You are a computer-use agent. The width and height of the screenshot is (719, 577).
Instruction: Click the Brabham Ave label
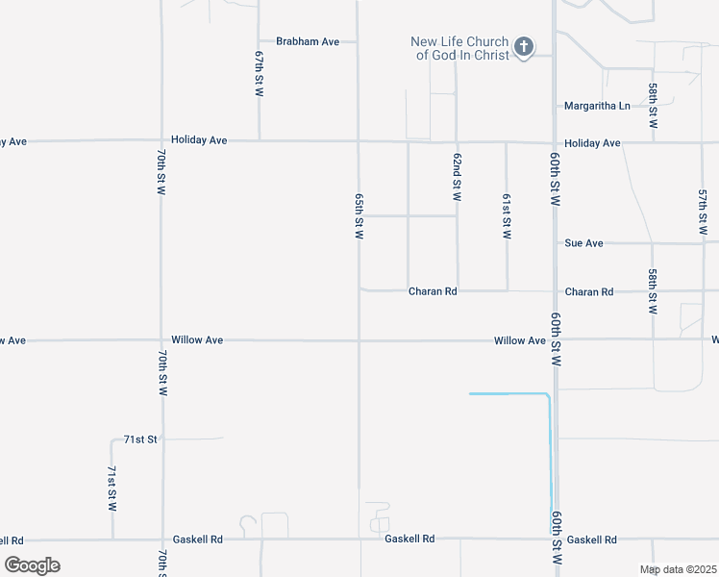[x=308, y=41]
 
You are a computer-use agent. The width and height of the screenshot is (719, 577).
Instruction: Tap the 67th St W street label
[x=260, y=74]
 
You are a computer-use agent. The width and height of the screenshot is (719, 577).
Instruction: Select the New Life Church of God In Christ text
[x=459, y=48]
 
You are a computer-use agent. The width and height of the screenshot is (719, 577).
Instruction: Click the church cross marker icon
[x=524, y=47]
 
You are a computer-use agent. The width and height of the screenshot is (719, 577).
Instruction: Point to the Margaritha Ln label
[x=597, y=106]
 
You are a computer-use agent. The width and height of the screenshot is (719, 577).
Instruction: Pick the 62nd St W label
[x=458, y=176]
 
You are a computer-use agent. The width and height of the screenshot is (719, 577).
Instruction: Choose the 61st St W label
[x=507, y=214]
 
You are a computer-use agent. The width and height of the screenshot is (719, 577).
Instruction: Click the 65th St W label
[x=359, y=215]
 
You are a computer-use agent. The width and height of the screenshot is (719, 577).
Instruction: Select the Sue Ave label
[x=583, y=243]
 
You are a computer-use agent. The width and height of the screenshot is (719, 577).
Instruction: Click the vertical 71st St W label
[x=112, y=489]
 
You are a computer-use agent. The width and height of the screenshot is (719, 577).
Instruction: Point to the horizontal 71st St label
[x=139, y=439]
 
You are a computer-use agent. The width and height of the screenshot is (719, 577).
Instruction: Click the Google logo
[x=32, y=565]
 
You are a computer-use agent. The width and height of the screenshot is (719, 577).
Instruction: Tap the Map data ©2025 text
[x=678, y=569]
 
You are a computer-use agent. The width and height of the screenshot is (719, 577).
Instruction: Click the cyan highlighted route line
[x=550, y=452]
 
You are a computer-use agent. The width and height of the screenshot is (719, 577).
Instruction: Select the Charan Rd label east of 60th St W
[x=589, y=291]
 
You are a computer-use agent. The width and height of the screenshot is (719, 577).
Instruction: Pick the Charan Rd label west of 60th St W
[x=432, y=291]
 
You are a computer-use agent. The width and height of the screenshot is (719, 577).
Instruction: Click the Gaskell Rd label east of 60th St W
[x=590, y=540]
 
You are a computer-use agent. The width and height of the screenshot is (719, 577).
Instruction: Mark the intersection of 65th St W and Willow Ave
[x=359, y=340]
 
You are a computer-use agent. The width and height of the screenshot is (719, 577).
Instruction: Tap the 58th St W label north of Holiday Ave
[x=653, y=106]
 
